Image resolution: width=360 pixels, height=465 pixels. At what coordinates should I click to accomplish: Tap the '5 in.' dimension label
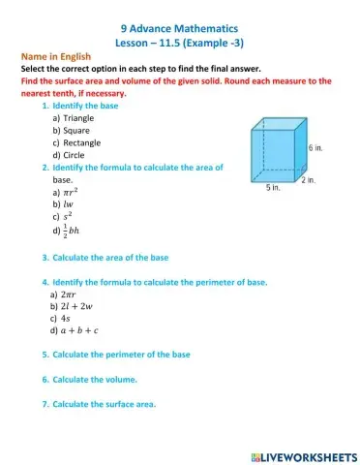point(274,189)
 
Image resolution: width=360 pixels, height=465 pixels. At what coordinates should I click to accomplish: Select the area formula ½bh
point(69,232)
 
